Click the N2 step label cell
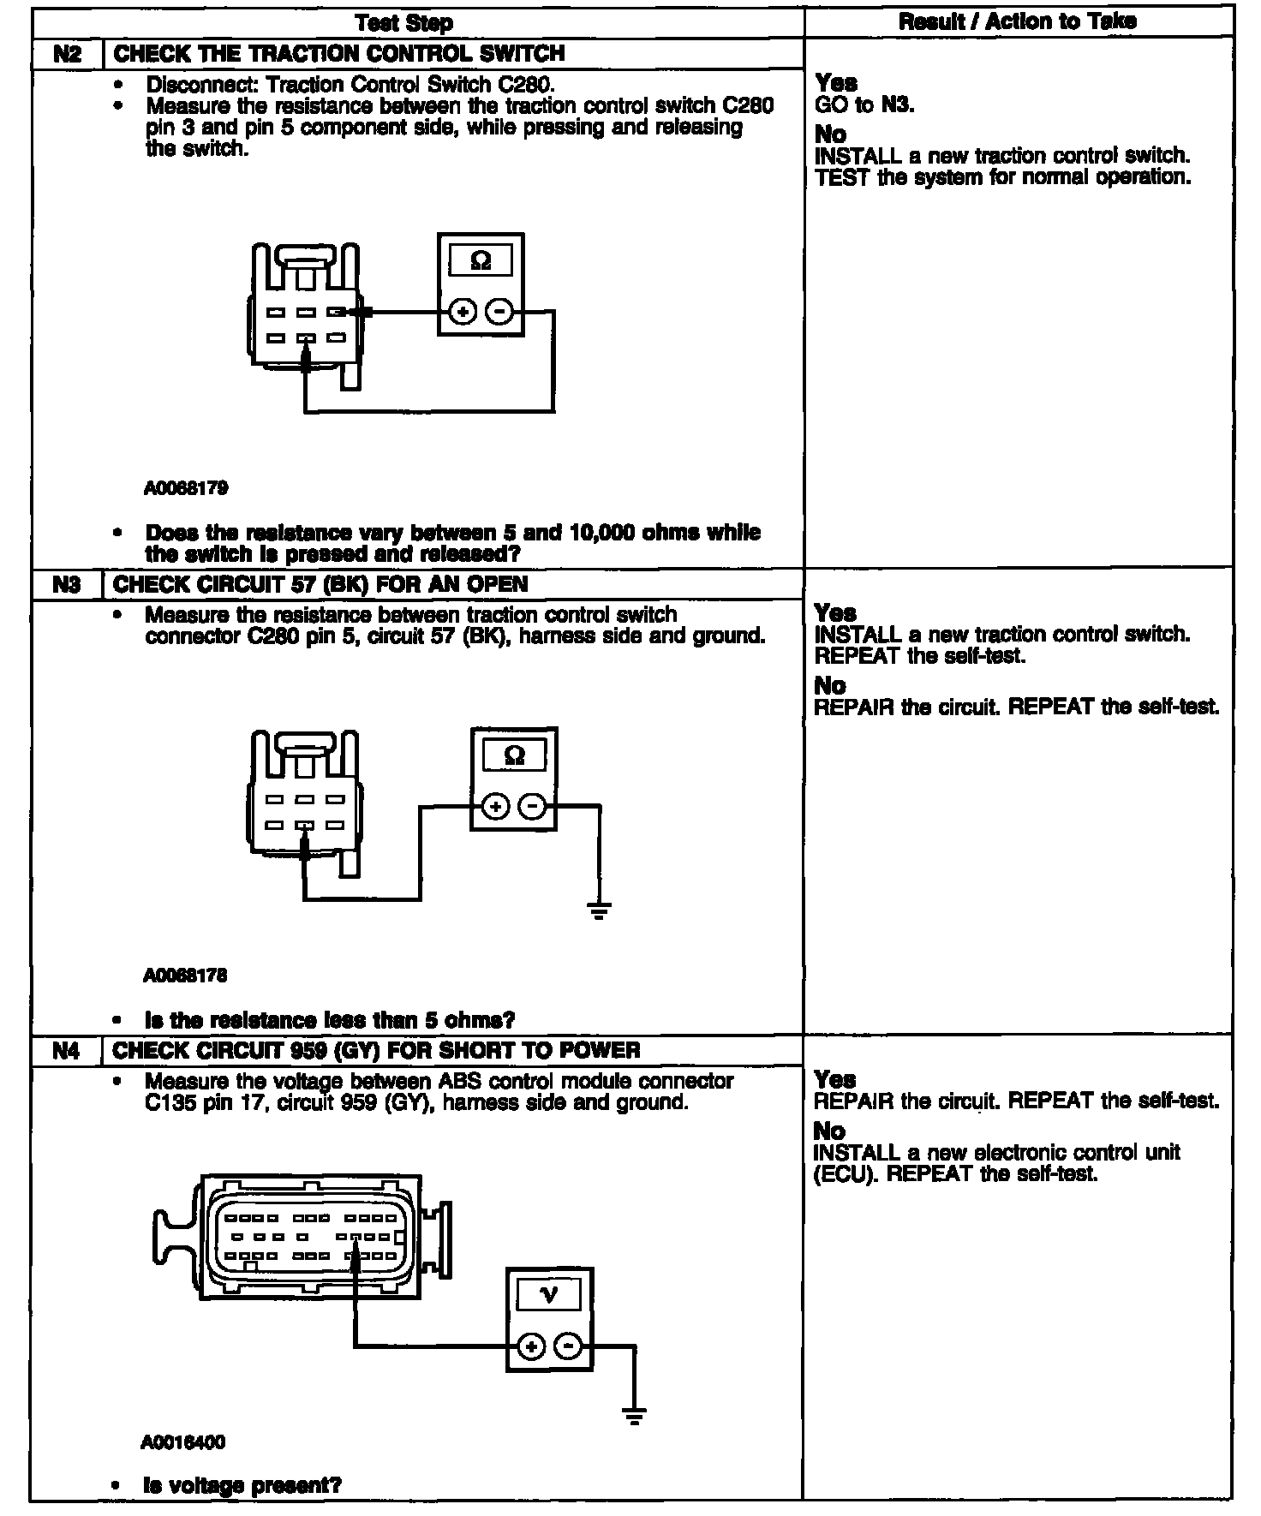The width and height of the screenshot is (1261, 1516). pos(67,54)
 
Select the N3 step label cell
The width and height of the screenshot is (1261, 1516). pos(67,585)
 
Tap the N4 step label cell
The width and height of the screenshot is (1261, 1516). pos(67,1051)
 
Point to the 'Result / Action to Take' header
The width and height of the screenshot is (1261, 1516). pos(1018,22)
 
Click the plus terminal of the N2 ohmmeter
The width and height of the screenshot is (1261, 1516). pos(463,313)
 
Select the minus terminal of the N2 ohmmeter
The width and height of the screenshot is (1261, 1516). pos(499,313)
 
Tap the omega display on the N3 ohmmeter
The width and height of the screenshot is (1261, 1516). pos(514,755)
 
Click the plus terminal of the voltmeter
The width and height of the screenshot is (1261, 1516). pos(531,1347)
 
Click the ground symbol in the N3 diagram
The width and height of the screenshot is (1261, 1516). pos(600,910)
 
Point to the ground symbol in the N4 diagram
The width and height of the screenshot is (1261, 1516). pos(634,1415)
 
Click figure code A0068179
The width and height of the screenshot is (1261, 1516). pos(186,489)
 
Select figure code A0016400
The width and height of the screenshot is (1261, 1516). pos(183,1442)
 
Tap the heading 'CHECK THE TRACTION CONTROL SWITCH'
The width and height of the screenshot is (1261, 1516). pos(339,54)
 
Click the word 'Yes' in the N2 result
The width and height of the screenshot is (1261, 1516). pos(836,83)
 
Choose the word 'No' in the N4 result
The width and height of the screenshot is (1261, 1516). pos(829,1131)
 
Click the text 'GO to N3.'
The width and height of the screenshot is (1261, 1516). pos(864,105)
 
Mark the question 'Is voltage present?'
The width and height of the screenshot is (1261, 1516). pos(242,1485)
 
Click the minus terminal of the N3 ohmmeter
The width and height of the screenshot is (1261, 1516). pos(533,807)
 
